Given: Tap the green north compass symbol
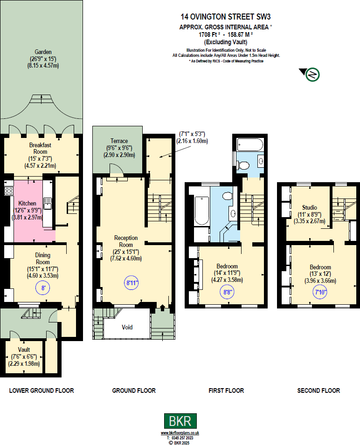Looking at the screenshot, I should click(x=312, y=74).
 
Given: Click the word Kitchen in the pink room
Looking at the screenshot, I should click(x=28, y=203).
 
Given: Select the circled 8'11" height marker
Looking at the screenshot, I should click(x=132, y=282).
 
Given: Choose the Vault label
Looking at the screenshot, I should click(x=24, y=349).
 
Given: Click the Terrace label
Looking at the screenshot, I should click(x=119, y=141).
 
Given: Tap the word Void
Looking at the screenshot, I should click(x=127, y=327).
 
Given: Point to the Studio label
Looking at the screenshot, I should click(x=310, y=207).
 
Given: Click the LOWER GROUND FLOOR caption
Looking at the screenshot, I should click(x=42, y=390).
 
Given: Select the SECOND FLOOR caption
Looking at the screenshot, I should click(x=318, y=390).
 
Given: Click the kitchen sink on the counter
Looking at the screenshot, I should click(x=47, y=203).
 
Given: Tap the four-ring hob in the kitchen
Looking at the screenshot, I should click(x=8, y=191).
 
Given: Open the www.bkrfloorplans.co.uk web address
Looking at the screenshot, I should click(x=180, y=433).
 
